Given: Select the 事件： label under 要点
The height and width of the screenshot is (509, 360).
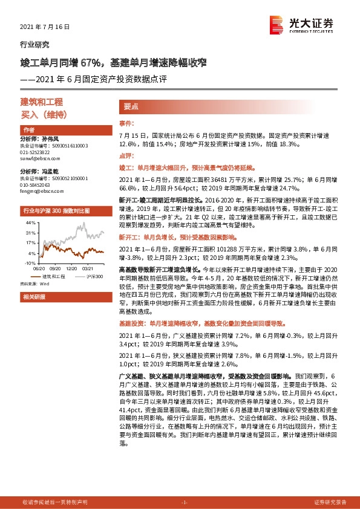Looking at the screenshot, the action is click(x=127, y=123).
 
